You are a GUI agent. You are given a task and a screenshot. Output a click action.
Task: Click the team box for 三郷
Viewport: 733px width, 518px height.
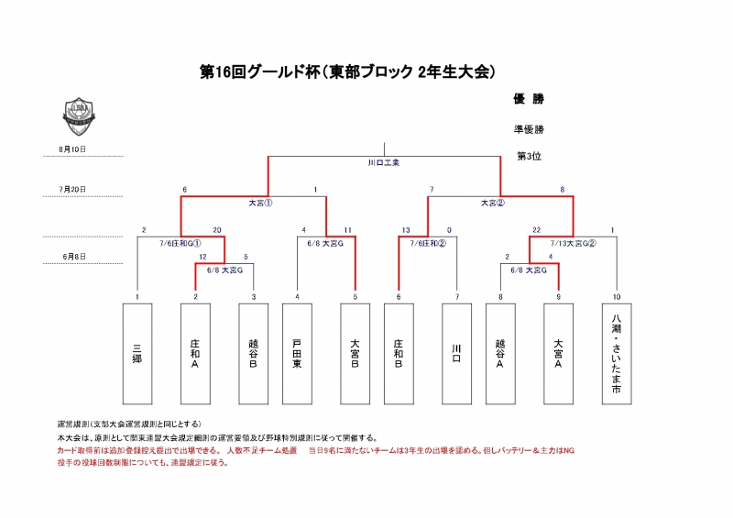tap(137, 353)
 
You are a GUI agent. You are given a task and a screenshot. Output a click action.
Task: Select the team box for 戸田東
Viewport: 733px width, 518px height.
tap(297, 353)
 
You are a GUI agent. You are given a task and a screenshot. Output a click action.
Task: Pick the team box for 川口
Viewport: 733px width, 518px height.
tap(456, 353)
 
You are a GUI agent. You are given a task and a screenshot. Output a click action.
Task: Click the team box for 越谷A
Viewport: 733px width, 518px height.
tap(500, 353)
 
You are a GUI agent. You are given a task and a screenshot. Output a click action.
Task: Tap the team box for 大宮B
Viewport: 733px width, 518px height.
tap(354, 353)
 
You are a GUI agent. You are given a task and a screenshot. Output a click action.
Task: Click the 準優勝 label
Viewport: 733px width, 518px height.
tap(530, 129)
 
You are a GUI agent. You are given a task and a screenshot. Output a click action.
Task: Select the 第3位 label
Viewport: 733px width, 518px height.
tap(530, 156)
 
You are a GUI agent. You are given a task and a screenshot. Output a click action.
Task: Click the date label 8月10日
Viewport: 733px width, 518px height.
tap(72, 149)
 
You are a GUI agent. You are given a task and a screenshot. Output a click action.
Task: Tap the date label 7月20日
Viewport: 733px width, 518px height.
tap(72, 189)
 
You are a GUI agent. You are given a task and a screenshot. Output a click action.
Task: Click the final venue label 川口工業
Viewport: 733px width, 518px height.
tap(383, 163)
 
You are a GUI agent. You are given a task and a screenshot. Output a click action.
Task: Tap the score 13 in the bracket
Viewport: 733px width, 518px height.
tap(404, 230)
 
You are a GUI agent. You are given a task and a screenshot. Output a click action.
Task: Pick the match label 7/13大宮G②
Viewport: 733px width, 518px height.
tap(573, 243)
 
